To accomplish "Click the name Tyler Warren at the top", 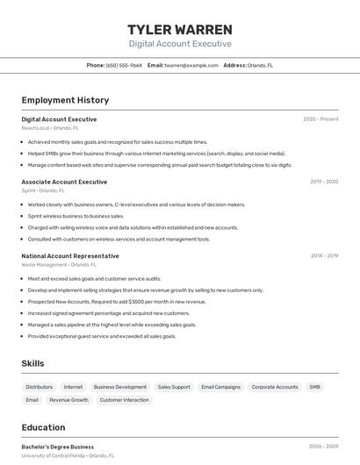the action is (180, 29).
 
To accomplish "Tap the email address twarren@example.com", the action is (191, 65).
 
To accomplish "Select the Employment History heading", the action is (65, 100).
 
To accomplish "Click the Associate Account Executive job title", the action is (64, 182).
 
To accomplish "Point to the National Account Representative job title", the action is (70, 256).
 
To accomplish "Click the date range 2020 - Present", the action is (320, 119).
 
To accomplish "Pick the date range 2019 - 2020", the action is (324, 182).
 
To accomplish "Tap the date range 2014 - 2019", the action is (324, 256).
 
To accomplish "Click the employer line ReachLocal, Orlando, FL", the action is (50, 128).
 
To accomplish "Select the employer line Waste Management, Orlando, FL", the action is (59, 264).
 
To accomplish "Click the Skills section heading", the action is (32, 363).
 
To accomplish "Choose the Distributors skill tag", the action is (40, 387).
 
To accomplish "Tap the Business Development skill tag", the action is (120, 387).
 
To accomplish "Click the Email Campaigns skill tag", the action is (220, 387).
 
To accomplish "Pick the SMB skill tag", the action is (314, 387).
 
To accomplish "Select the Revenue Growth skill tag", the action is (68, 400).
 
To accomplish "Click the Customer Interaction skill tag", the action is (124, 400).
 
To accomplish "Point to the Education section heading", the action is (43, 427).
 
